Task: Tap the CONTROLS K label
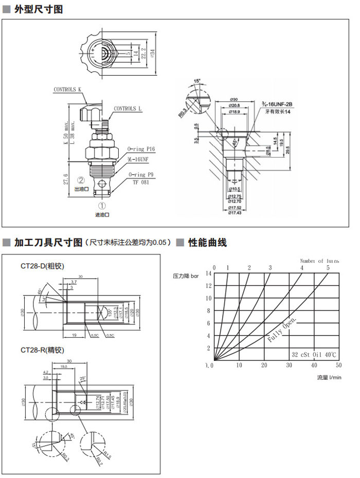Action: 68,89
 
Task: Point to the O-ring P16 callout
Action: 141,149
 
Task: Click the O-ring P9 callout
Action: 141,175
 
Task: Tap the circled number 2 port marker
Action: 81,180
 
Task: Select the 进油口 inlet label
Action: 102,215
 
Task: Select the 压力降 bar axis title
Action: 186,276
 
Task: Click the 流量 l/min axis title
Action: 329,377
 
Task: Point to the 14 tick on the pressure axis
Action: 209,273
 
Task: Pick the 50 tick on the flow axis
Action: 338,365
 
